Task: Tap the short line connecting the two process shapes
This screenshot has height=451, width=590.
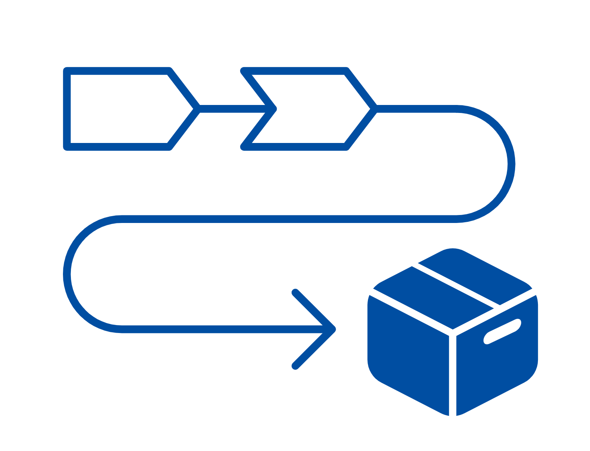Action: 232,109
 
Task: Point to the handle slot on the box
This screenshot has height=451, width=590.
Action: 502,331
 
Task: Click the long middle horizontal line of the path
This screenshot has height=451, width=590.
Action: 289,219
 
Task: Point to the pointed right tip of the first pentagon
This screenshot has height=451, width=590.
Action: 197,109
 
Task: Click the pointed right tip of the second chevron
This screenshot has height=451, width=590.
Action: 374,109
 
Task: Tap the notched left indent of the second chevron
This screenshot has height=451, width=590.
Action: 273,109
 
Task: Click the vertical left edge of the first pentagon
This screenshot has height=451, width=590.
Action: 67,109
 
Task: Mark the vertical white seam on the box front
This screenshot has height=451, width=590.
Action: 453,375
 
